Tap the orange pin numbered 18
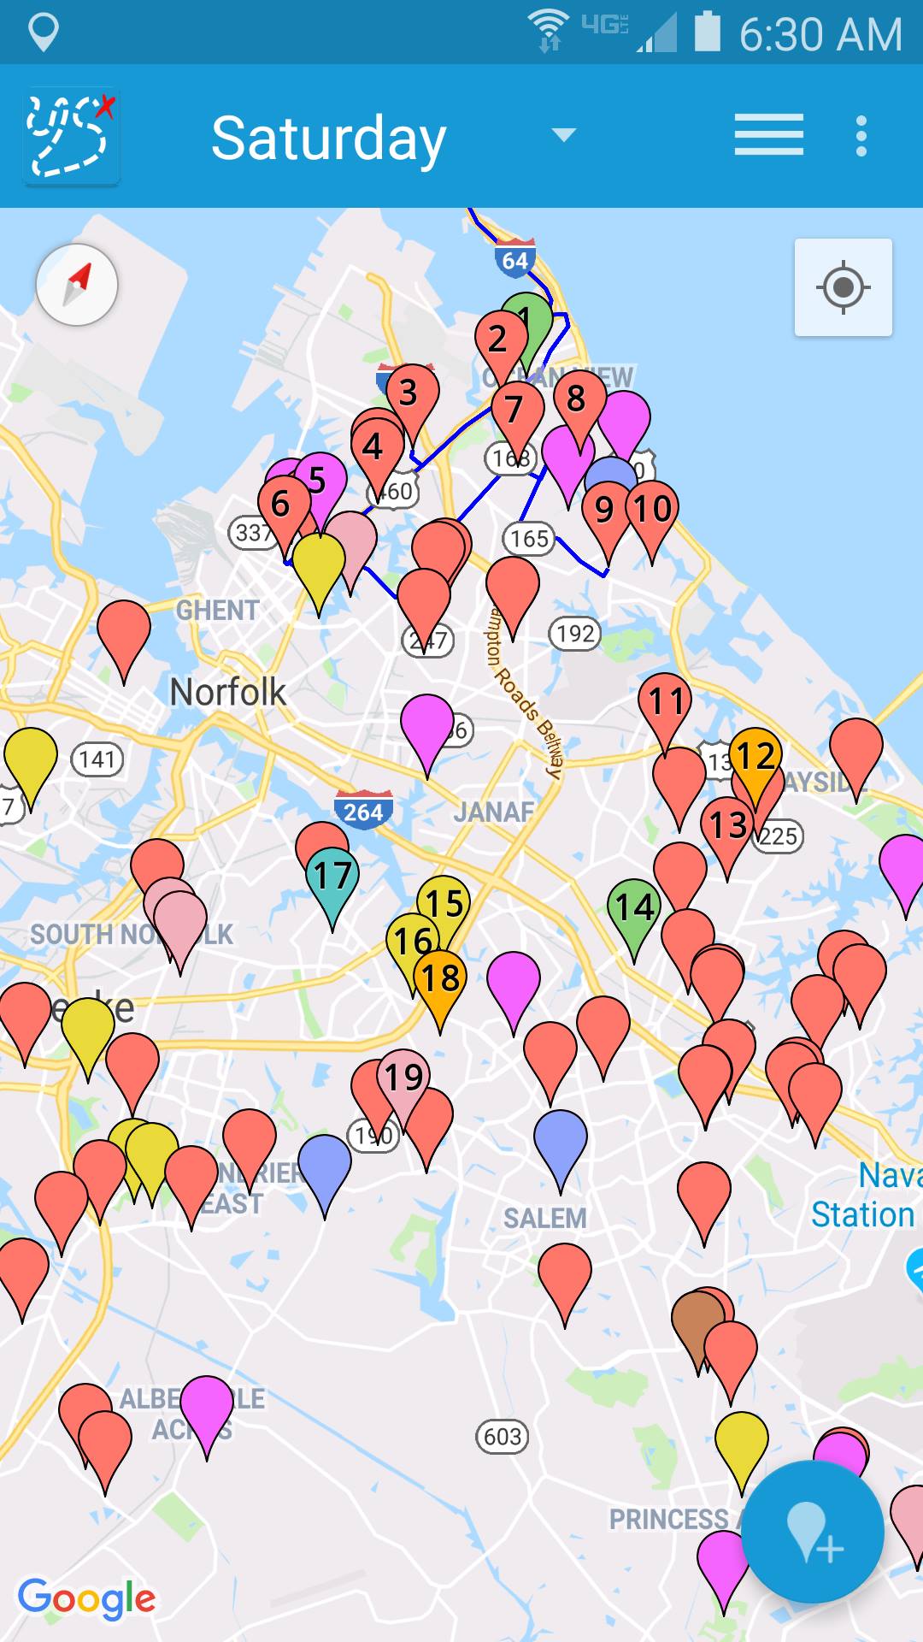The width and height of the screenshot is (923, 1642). click(440, 978)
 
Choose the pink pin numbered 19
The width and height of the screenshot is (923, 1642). click(403, 1078)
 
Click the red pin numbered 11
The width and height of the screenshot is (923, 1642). click(665, 703)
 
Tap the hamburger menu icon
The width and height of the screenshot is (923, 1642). click(768, 135)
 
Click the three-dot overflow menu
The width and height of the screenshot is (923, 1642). click(861, 136)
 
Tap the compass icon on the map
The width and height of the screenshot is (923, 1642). click(77, 285)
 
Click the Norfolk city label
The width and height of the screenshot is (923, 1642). click(227, 692)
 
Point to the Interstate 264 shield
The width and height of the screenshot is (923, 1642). click(363, 810)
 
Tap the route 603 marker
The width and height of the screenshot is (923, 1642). click(503, 1437)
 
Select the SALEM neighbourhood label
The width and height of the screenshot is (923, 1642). click(544, 1218)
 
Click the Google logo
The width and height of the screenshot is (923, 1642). click(86, 1598)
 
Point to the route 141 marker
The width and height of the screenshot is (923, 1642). click(97, 759)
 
